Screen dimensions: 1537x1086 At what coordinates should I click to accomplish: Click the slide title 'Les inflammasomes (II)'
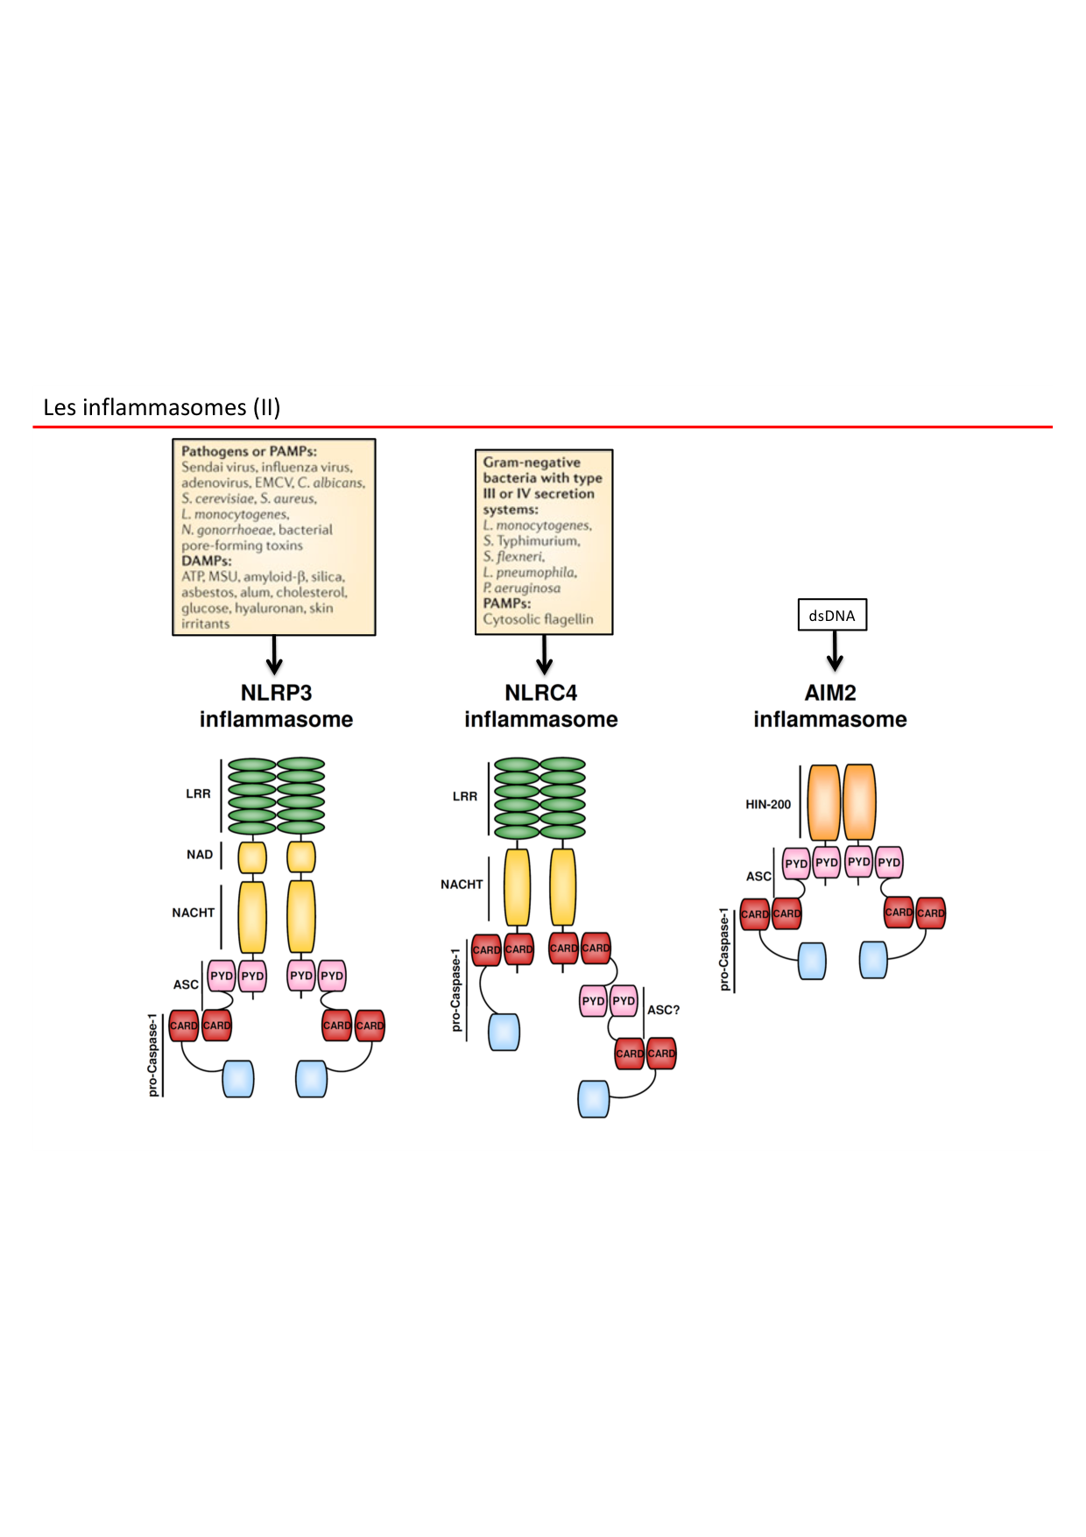tap(162, 407)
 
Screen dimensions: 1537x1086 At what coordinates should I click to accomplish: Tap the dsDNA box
tap(832, 616)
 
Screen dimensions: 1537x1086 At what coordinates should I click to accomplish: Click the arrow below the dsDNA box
tap(835, 651)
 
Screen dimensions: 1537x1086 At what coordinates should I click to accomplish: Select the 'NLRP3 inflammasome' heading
tap(276, 706)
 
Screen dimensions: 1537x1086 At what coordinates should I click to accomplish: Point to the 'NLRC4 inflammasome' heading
tap(540, 706)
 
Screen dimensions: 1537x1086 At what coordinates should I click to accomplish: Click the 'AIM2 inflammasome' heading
tap(829, 706)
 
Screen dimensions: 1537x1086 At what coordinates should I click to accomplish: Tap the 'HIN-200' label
tap(768, 804)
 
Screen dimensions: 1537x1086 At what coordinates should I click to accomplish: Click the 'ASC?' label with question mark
tap(663, 1010)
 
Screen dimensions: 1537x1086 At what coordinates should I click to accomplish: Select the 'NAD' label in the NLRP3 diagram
tap(200, 855)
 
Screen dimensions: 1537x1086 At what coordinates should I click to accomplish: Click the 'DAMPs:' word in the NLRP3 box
tap(207, 561)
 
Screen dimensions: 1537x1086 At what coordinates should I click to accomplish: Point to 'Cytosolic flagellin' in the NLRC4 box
tap(538, 619)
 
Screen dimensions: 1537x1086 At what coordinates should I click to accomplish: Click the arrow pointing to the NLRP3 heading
tap(274, 654)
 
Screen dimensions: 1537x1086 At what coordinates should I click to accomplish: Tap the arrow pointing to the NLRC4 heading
tap(544, 654)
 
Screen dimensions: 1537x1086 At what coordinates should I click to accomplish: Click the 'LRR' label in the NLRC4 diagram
tap(464, 796)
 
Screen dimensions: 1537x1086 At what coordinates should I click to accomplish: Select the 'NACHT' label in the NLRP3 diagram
tap(193, 913)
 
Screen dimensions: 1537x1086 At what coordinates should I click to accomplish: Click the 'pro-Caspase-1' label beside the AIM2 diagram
tap(724, 949)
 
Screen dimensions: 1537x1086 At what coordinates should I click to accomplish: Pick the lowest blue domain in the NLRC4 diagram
tap(593, 1098)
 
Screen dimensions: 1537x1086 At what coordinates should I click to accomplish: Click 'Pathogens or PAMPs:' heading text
tap(249, 452)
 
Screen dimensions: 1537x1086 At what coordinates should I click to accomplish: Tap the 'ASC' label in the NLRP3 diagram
tap(186, 984)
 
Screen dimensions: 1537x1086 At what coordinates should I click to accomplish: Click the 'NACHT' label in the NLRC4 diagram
tap(462, 885)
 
